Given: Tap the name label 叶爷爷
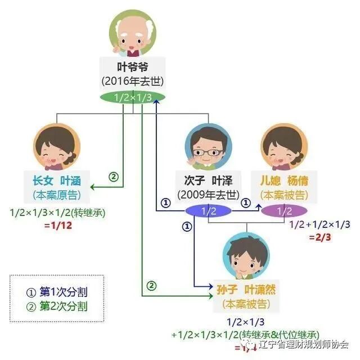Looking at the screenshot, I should coord(133,66).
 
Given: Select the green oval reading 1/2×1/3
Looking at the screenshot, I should coord(133,97).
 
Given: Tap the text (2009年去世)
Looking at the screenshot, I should coord(209,195).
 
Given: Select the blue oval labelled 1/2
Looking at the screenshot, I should coord(209,211).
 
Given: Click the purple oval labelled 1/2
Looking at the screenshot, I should coord(285,211).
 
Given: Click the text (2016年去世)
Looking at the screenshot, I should coord(133,81).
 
